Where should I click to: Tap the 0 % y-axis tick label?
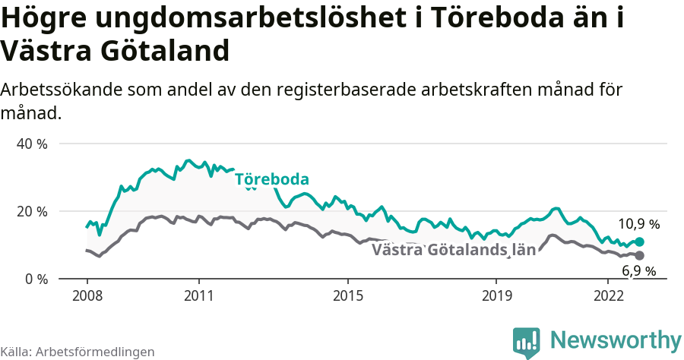pos(36,279)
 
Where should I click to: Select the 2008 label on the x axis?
pos(87,295)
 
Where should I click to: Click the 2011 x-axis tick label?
pos(198,295)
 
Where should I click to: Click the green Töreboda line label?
pos(271,180)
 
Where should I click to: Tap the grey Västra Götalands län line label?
pos(454,251)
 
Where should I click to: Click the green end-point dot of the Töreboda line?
pos(639,242)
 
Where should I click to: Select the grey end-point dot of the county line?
pos(639,255)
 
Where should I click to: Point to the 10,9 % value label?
pos(638,224)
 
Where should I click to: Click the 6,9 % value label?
pos(638,271)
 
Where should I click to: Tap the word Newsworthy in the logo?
pos(616,339)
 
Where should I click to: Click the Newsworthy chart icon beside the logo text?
pos(527,343)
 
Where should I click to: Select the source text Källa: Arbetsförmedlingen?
pos(78,352)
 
